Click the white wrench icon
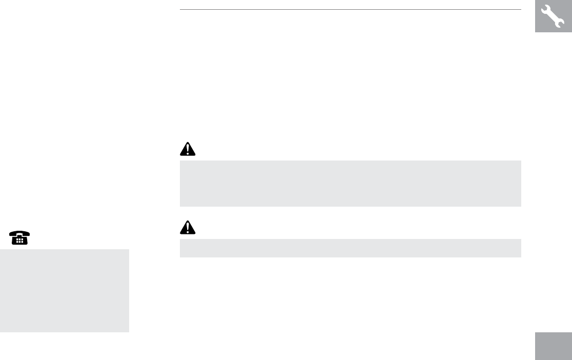[553, 16]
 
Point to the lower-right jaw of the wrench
[561, 24]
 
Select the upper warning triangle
[188, 149]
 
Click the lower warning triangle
[188, 227]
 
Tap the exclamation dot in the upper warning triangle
[188, 153]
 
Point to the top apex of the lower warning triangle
[188, 221]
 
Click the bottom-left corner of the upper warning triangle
[180, 155]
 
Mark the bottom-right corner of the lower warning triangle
[196, 233]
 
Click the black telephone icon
[19, 238]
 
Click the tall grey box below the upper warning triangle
[350, 183]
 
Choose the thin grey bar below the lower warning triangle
[350, 248]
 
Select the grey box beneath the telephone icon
[64, 290]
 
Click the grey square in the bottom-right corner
[554, 346]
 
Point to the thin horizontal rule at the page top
[350, 9]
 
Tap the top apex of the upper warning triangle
[188, 143]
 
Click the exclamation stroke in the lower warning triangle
[188, 226]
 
